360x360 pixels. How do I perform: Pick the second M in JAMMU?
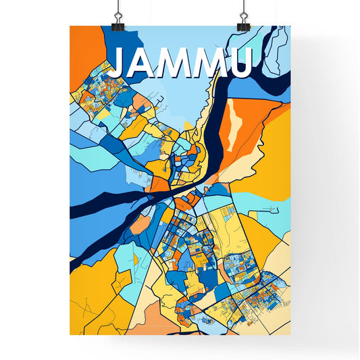click(214, 63)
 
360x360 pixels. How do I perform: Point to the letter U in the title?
click(241, 63)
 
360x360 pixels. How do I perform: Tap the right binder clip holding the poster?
click(243, 20)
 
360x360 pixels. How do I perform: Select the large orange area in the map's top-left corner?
click(86, 47)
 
